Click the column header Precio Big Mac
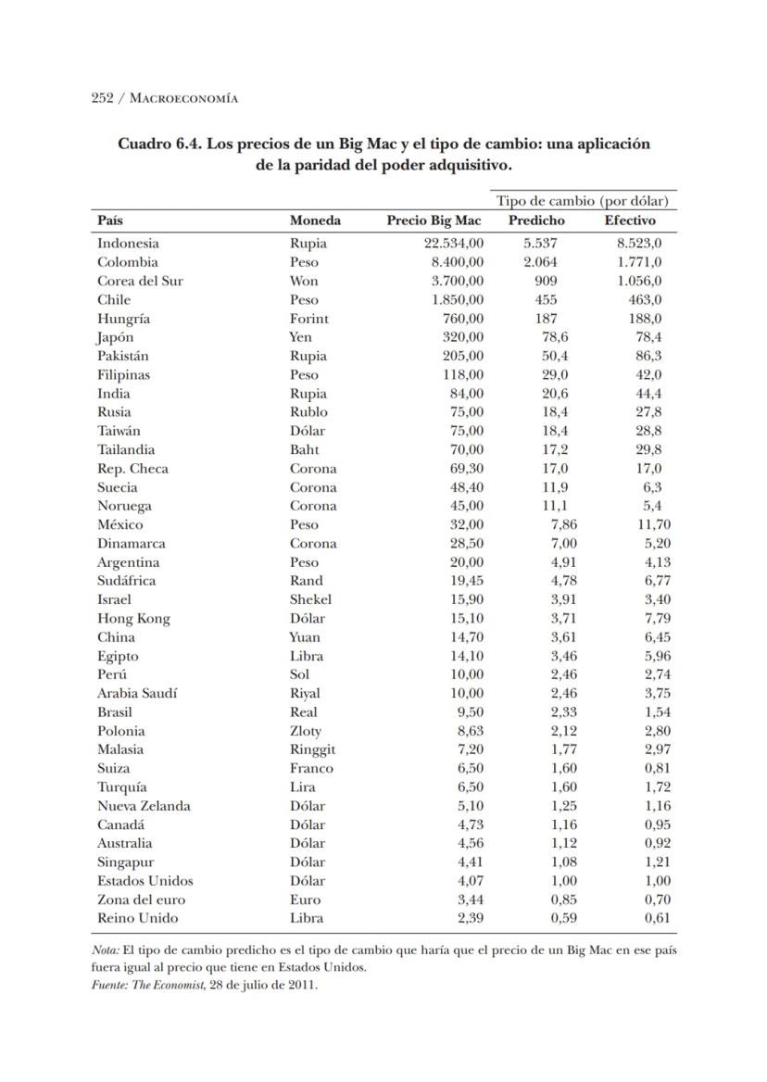pos(434,220)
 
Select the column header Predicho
pos(536,220)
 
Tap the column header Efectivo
pos(630,220)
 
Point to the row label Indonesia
pos(128,244)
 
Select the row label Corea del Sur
pos(140,281)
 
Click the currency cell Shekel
pos(310,599)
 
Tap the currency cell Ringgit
pos(312,749)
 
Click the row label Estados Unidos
pos(145,881)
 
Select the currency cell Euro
pos(305,900)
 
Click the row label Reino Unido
pos(138,918)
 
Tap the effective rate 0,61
pos(658,918)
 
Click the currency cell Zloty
pos(306,731)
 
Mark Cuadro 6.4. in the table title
pos(158,145)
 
